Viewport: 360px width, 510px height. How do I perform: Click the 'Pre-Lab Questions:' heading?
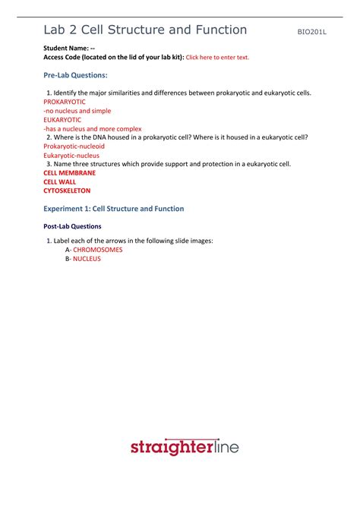75,75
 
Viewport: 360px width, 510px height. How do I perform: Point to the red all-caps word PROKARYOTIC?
65,102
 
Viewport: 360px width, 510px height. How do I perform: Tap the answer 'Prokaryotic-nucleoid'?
74,146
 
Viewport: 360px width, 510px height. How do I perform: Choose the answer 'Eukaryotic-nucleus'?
71,156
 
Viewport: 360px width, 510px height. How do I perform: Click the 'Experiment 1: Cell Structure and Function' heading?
113,209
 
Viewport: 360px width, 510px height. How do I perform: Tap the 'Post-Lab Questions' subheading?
72,226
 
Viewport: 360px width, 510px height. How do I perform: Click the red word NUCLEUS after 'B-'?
87,259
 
